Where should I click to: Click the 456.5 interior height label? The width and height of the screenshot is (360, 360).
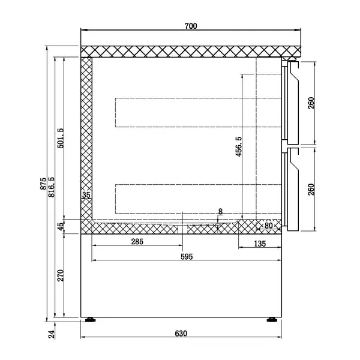pyautogui.click(x=238, y=147)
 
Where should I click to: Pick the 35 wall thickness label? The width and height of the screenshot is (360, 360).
pyautogui.click(x=86, y=195)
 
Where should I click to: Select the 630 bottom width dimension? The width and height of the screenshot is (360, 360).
pyautogui.click(x=181, y=334)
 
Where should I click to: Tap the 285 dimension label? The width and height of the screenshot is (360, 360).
pyautogui.click(x=137, y=242)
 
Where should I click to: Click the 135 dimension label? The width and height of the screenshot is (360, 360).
pyautogui.click(x=260, y=243)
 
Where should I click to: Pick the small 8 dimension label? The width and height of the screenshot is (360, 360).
pyautogui.click(x=220, y=211)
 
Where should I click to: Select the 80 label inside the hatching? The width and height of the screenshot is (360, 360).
pyautogui.click(x=269, y=226)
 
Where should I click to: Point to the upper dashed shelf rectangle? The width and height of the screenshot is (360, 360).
pyautogui.click(x=198, y=112)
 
